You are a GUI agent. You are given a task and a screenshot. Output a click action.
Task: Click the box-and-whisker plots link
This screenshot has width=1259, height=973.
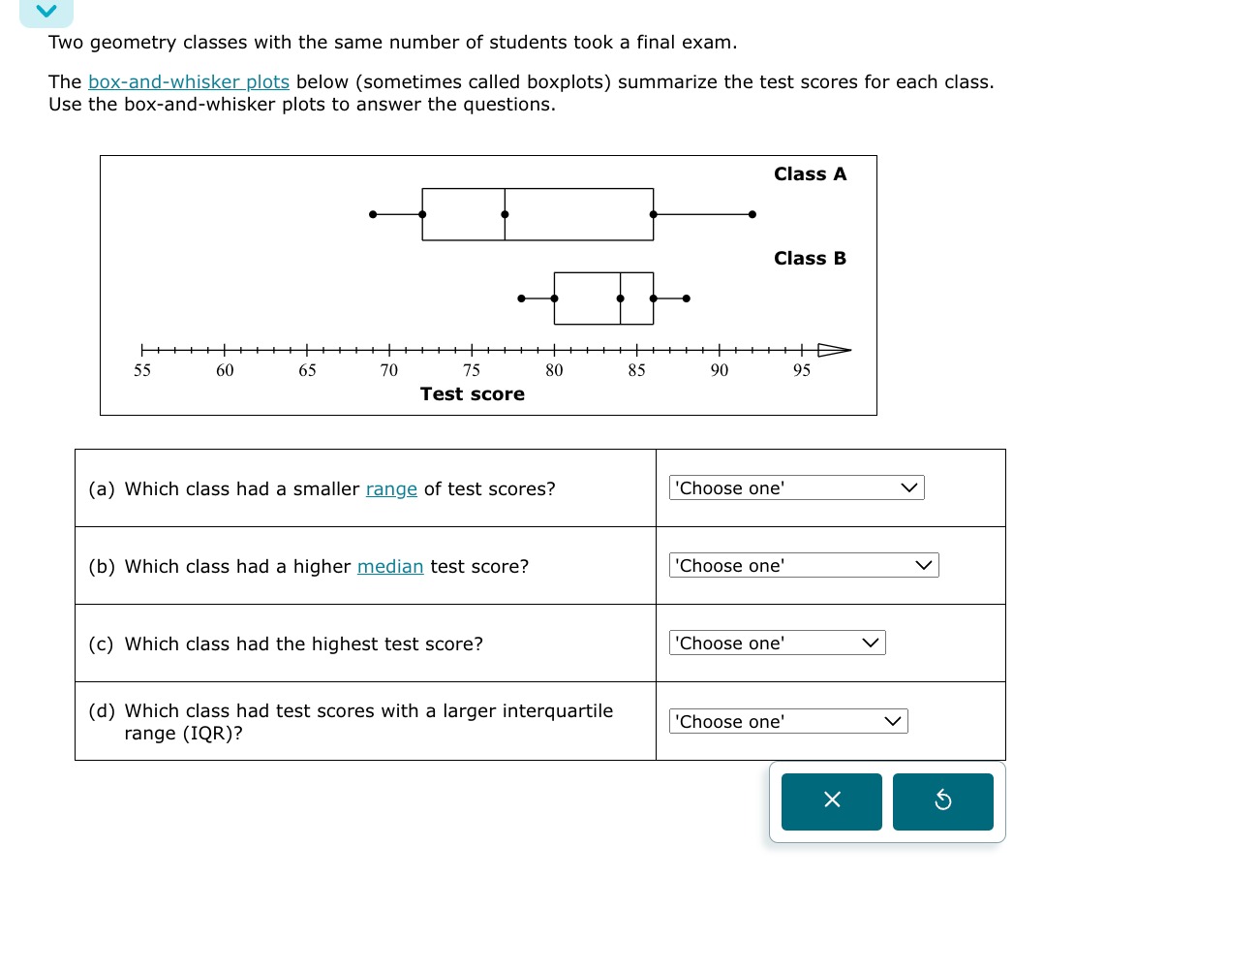click(189, 82)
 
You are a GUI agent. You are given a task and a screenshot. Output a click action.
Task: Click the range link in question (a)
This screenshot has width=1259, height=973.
click(391, 489)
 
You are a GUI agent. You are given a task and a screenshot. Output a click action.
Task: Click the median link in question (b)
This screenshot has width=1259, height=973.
click(390, 567)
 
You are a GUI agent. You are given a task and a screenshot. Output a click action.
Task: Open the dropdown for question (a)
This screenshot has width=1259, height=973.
click(796, 488)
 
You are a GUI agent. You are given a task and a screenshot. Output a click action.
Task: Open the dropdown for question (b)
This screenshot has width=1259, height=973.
click(803, 566)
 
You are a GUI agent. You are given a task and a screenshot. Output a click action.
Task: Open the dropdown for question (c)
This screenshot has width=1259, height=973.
click(777, 643)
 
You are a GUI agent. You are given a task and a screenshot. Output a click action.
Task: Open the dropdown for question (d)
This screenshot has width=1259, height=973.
click(787, 722)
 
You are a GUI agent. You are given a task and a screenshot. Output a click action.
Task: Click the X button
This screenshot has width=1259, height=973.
click(831, 801)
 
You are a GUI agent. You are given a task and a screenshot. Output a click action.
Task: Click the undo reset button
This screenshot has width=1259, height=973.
click(942, 801)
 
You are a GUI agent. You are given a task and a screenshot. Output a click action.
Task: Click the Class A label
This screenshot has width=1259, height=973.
click(810, 174)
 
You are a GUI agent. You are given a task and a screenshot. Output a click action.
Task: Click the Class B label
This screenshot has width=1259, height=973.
click(810, 259)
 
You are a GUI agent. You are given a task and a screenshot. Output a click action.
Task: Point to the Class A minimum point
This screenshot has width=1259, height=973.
click(373, 214)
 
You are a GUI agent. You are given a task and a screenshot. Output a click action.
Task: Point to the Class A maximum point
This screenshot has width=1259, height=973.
click(752, 214)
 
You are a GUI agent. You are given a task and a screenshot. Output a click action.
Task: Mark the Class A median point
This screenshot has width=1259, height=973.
click(505, 214)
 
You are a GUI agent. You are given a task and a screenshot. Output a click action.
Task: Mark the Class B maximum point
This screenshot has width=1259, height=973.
click(687, 298)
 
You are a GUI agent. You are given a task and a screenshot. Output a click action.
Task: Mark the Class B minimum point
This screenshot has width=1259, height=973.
click(521, 298)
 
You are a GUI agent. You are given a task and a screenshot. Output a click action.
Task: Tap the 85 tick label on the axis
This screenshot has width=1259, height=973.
click(636, 370)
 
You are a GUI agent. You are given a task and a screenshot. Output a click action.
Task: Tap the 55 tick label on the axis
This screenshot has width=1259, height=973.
click(142, 370)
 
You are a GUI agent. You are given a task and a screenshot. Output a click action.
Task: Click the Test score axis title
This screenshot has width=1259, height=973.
click(472, 394)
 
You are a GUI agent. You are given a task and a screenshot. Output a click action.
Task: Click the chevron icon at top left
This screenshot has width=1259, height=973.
click(46, 12)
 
